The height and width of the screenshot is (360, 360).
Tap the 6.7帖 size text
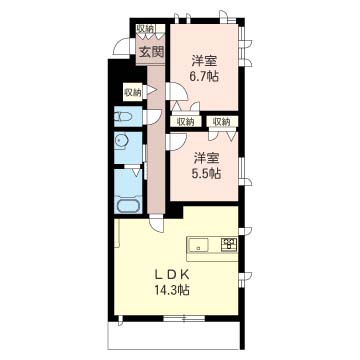tap(205, 77)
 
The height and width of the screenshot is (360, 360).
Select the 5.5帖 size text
tap(207, 174)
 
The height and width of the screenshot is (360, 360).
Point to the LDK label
tap(172, 275)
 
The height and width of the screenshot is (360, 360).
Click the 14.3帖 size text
tap(172, 290)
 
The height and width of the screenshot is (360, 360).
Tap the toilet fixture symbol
tap(123, 117)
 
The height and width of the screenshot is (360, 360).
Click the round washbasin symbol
tap(120, 141)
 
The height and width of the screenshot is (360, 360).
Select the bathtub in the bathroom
tap(128, 205)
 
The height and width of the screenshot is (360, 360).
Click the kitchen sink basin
tap(197, 246)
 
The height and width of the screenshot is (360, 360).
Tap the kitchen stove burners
tap(229, 245)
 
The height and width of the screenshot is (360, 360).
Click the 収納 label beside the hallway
tap(133, 92)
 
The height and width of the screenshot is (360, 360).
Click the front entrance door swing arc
tap(121, 47)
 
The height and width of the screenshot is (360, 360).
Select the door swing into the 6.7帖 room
tap(179, 91)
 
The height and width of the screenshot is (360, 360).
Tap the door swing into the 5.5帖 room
tap(176, 142)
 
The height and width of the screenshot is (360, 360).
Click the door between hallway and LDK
tap(157, 223)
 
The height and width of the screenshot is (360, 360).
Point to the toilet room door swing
tap(153, 117)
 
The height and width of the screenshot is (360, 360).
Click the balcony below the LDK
tap(174, 336)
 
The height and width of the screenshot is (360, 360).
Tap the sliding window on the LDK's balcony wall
tap(184, 319)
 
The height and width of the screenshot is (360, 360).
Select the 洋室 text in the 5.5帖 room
tap(207, 159)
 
